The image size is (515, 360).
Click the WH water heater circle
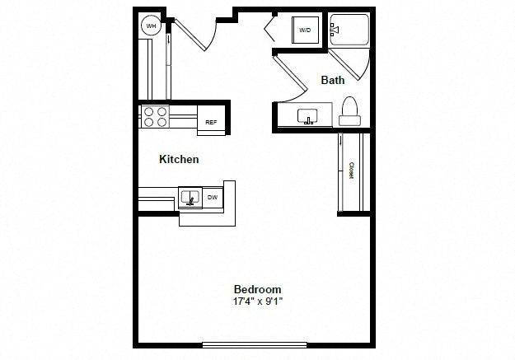pos(151,26)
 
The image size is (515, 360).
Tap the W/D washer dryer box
pos(305,30)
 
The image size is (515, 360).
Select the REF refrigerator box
pos(211,120)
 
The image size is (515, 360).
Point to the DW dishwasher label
pos(213,198)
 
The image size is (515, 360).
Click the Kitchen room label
pos(179,159)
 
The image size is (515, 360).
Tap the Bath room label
pos(333,80)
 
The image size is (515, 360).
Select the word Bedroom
pos(257,289)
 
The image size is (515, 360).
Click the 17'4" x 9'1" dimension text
pos(258,301)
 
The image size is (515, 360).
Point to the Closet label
pos(351,171)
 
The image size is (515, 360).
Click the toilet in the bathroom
pos(349,111)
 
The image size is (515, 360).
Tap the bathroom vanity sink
pos(307,116)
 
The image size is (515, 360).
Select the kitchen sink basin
pos(190,197)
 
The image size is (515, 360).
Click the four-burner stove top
pos(155,117)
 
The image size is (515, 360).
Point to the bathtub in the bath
pos(349,30)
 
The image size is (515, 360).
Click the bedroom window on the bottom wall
pos(255,344)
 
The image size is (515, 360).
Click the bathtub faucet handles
pos(335,30)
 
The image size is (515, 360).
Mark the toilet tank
pos(350,120)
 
